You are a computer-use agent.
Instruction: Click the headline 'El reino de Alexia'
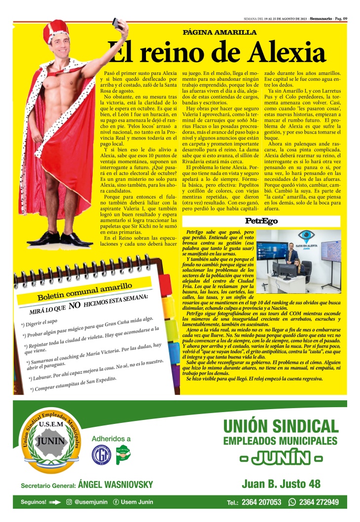pyautogui.click(x=217, y=52)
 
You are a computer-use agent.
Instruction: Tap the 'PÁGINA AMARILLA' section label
pyautogui.click(x=219, y=33)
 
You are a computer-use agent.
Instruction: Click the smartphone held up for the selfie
pyautogui.click(x=117, y=23)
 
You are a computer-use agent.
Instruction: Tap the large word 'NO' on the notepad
pyautogui.click(x=74, y=306)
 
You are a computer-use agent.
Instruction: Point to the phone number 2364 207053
pyautogui.click(x=261, y=503)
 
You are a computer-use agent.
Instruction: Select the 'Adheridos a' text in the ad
pyautogui.click(x=111, y=438)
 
